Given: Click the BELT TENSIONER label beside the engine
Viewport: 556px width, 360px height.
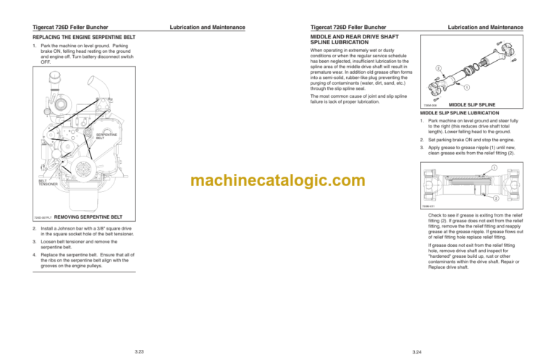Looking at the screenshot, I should coord(47,182).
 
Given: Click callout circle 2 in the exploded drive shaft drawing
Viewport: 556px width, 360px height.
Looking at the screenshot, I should coord(439,69).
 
